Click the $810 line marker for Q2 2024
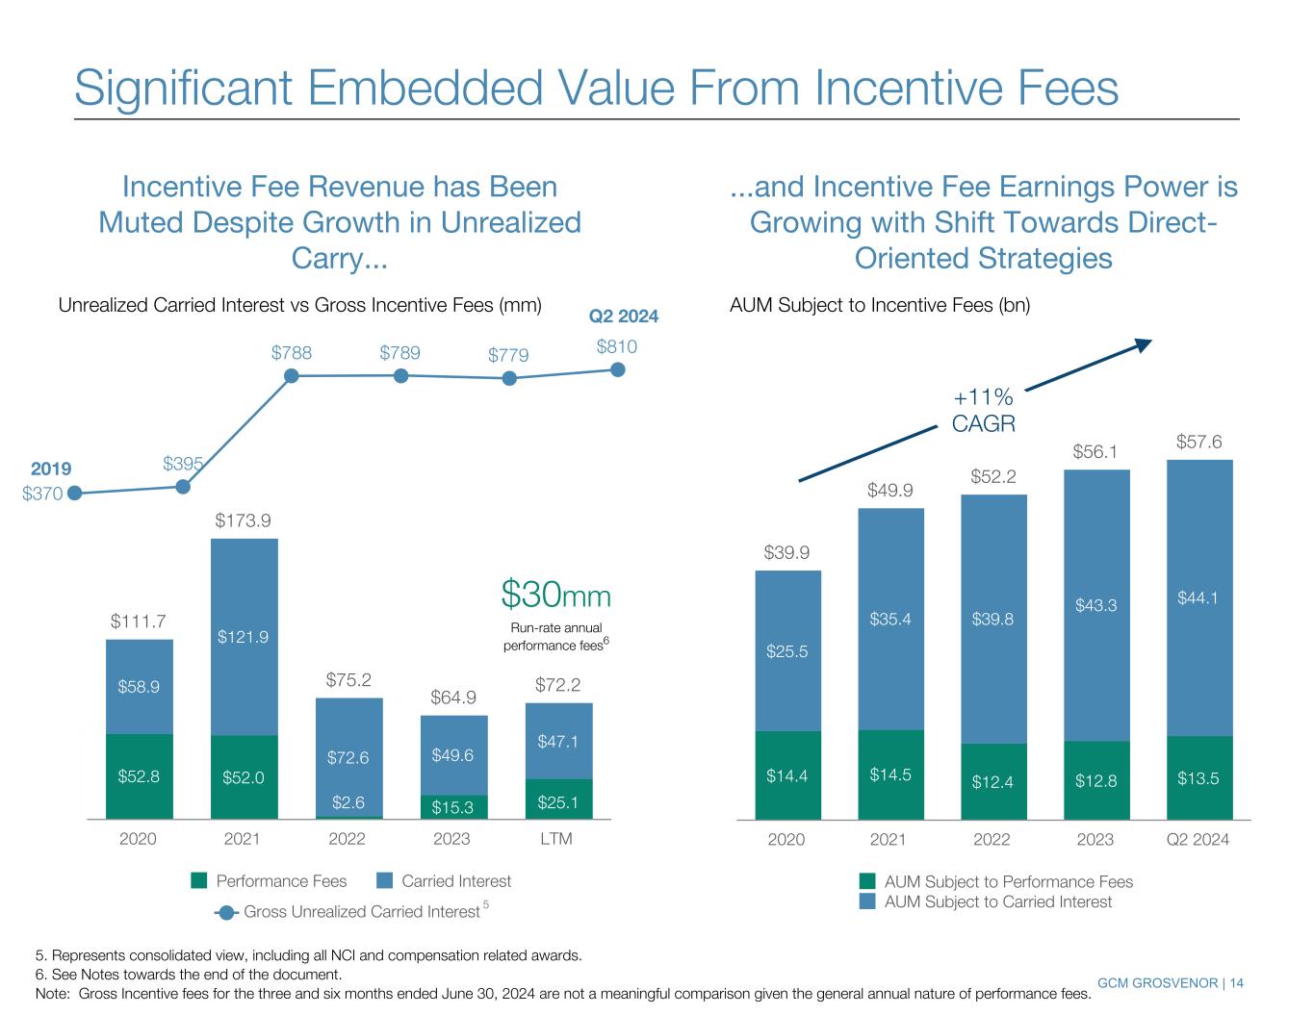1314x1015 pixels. pyautogui.click(x=619, y=370)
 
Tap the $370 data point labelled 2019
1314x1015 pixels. pyautogui.click(x=74, y=494)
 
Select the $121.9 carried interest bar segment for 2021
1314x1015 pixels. pyautogui.click(x=244, y=637)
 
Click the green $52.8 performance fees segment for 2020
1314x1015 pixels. pyautogui.click(x=139, y=776)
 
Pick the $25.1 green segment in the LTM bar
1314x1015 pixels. pyautogui.click(x=558, y=799)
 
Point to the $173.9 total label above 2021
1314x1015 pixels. pyautogui.click(x=243, y=520)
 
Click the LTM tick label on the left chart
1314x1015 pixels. pyautogui.click(x=556, y=839)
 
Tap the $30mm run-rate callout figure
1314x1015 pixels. pyautogui.click(x=556, y=596)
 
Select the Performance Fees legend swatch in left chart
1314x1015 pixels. pyautogui.click(x=199, y=881)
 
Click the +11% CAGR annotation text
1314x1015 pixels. pyautogui.click(x=983, y=410)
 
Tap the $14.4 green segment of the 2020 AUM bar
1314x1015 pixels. pyautogui.click(x=787, y=775)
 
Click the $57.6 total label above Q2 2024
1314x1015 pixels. pyautogui.click(x=1198, y=442)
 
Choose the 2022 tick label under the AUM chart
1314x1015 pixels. pyautogui.click(x=992, y=840)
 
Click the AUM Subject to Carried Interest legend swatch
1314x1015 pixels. pyautogui.click(x=868, y=901)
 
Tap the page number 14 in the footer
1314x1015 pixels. pyautogui.click(x=1236, y=982)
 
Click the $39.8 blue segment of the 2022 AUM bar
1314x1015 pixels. pyautogui.click(x=992, y=620)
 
